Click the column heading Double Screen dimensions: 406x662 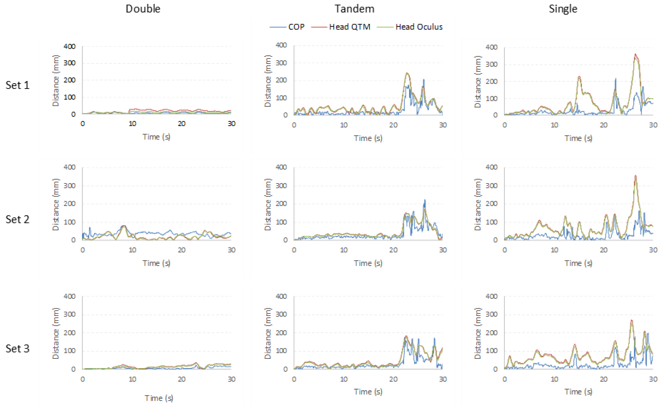[143, 9]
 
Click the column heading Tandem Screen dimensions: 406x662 [354, 9]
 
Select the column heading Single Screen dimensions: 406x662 [563, 9]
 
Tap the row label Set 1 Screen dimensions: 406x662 [17, 85]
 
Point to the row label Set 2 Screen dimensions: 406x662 [17, 219]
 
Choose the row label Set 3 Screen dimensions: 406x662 [17, 348]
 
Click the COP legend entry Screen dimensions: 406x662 [296, 27]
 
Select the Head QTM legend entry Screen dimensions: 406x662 [349, 27]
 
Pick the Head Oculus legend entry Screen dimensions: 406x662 [419, 27]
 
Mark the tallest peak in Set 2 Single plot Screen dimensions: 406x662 [635, 176]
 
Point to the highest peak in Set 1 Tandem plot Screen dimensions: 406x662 [407, 73]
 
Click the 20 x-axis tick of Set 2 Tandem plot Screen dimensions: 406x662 [393, 250]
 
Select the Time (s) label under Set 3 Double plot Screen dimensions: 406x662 [159, 398]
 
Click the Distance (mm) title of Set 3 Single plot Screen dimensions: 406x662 [477, 333]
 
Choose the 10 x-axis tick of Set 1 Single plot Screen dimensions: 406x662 [554, 125]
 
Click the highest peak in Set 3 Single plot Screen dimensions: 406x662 [631, 320]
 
